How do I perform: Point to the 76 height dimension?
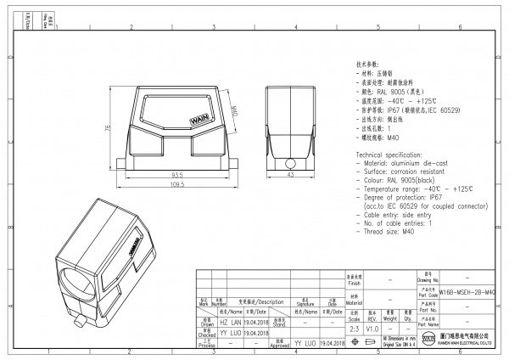(106, 128)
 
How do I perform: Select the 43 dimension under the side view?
(289, 175)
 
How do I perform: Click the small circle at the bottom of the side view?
(289, 162)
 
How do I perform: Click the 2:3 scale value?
(354, 327)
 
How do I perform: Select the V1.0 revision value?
(373, 327)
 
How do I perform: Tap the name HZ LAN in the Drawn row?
(231, 323)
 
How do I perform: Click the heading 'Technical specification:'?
(391, 155)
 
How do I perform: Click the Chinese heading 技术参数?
(366, 65)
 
